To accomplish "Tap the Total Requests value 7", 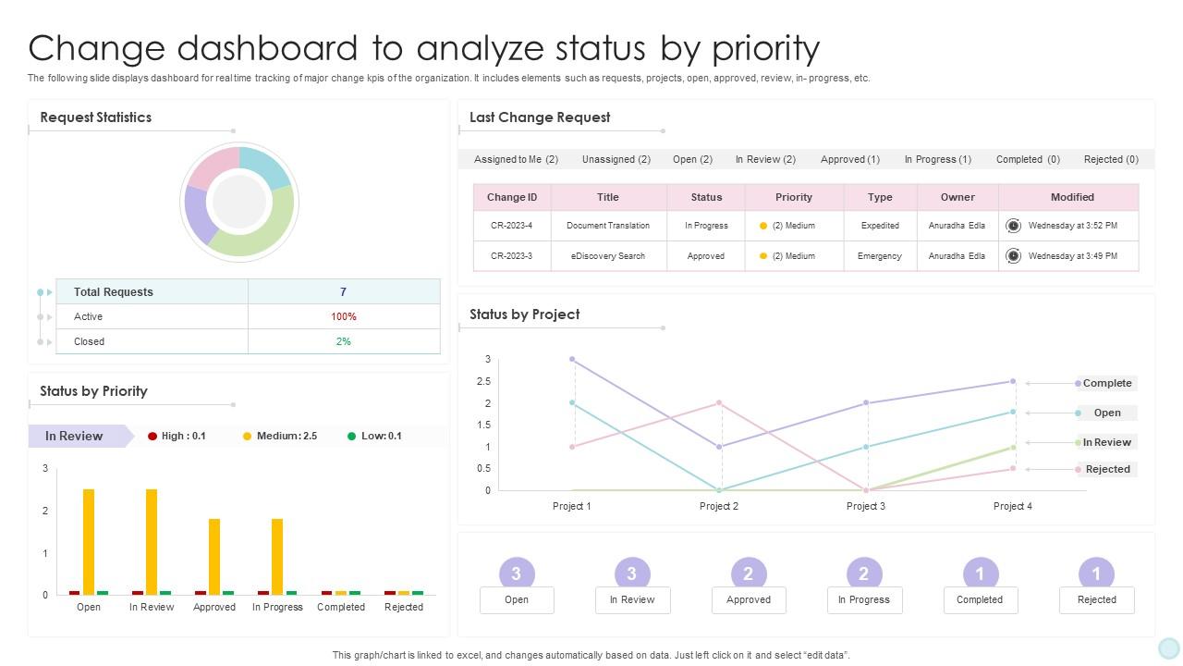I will tap(343, 291).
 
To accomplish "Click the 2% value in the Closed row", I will tap(343, 341).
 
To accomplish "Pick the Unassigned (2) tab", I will tap(616, 159).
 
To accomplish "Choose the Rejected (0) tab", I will tap(1111, 159).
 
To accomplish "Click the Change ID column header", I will tap(512, 197).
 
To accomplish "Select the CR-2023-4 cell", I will tap(512, 226).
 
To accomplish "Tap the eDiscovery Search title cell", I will tap(608, 256).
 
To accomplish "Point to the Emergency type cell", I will tap(879, 256).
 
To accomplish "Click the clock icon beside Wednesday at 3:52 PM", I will tap(1013, 226).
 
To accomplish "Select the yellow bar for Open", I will tap(89, 541).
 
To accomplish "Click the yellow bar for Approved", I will tap(214, 556).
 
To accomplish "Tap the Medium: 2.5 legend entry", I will tap(280, 436).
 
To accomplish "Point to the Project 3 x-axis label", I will tap(866, 506).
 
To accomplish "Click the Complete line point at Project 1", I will tap(572, 359).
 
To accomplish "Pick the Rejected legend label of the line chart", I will tap(1107, 469).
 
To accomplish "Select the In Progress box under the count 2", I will tap(863, 600).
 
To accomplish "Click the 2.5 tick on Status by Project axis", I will tap(483, 381).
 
